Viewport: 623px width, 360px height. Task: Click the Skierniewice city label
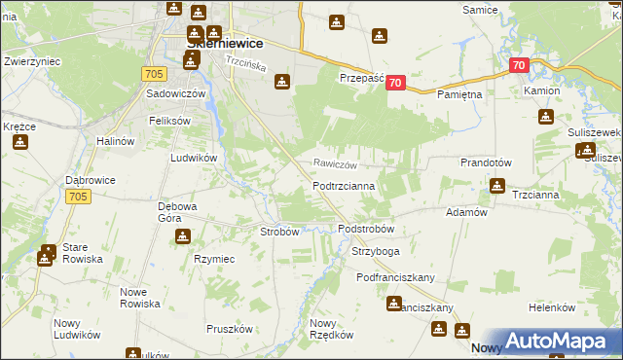click(x=226, y=43)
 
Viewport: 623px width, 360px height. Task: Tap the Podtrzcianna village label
click(x=350, y=185)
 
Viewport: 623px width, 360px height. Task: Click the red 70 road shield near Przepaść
click(x=394, y=84)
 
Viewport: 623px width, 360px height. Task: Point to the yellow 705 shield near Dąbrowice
click(x=80, y=197)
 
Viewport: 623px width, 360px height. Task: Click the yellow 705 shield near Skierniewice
click(x=153, y=73)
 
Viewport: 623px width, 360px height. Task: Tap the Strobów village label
click(x=279, y=232)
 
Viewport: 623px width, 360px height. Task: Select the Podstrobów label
click(x=365, y=229)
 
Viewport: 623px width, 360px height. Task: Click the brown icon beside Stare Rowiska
click(x=46, y=258)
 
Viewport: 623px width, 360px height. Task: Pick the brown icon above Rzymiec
click(x=182, y=236)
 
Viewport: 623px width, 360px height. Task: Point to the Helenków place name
click(x=553, y=307)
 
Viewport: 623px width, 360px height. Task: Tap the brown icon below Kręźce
click(x=19, y=142)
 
